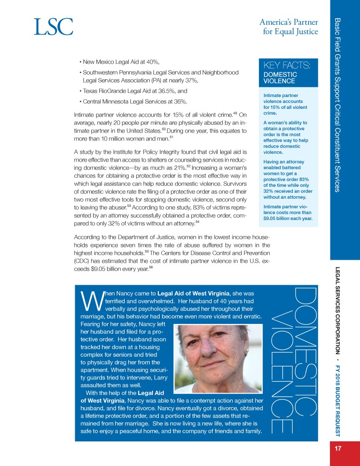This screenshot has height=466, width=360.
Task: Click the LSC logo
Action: pos(53,27)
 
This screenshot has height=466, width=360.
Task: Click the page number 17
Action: pos(338,448)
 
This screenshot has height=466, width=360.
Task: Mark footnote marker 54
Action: pos(197,221)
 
